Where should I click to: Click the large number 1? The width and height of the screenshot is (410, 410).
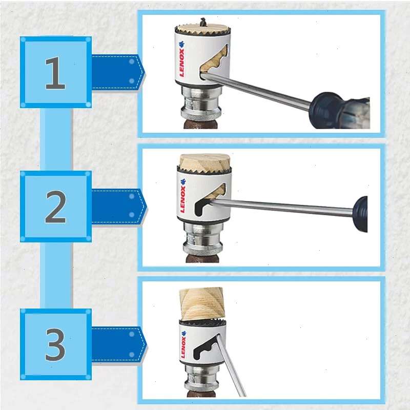tap(55, 73)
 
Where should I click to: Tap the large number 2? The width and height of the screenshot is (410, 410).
tap(55, 207)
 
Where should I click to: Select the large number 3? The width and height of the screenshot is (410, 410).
tap(55, 344)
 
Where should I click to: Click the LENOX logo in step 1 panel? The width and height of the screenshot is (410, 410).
tap(181, 58)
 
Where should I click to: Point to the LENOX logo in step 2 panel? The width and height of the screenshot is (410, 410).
tap(183, 196)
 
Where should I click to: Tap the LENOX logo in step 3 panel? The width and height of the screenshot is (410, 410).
tap(183, 344)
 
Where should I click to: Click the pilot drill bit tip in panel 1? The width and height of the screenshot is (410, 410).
tap(203, 19)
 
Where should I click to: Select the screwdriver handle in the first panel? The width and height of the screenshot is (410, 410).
tap(339, 110)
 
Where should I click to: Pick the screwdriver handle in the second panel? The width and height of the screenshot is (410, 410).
tap(360, 214)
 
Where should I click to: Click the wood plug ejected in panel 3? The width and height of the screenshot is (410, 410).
tap(202, 304)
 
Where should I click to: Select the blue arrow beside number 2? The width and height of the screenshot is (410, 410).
tap(119, 207)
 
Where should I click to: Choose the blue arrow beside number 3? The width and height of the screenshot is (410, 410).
tap(119, 344)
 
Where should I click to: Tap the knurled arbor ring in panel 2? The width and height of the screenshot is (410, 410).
tap(203, 250)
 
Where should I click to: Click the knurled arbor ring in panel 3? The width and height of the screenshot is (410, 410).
tap(201, 386)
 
